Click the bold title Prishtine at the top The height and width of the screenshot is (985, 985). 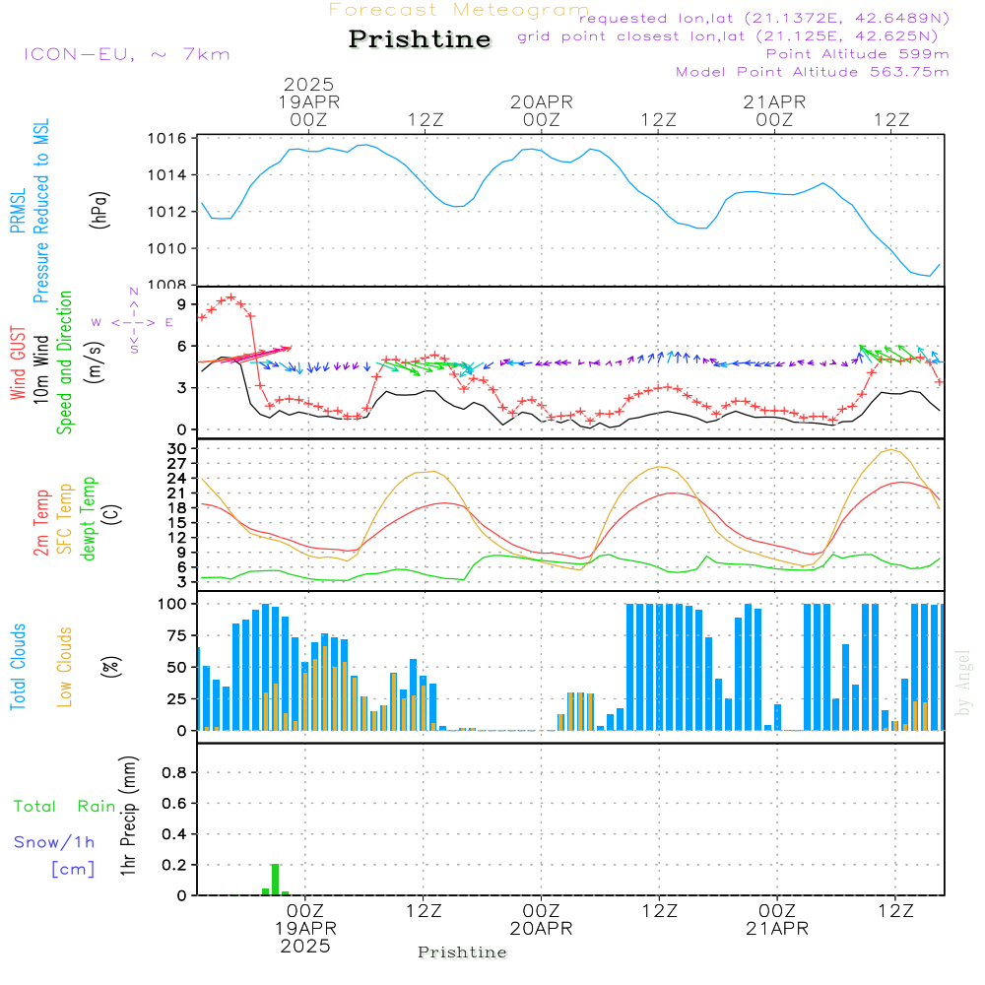(x=420, y=39)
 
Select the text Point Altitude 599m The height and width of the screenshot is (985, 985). (x=857, y=54)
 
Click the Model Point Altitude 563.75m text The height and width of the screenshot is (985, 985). (x=813, y=72)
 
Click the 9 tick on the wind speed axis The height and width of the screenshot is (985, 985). (x=181, y=304)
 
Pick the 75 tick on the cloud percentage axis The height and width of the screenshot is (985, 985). (x=177, y=635)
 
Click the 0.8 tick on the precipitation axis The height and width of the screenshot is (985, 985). (x=175, y=773)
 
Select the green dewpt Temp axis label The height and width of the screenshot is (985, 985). (x=90, y=520)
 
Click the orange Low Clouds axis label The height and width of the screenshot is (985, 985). (x=66, y=666)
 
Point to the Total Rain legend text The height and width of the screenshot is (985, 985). (x=65, y=807)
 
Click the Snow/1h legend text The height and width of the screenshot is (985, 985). (x=55, y=842)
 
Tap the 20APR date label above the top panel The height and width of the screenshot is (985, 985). (x=541, y=101)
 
